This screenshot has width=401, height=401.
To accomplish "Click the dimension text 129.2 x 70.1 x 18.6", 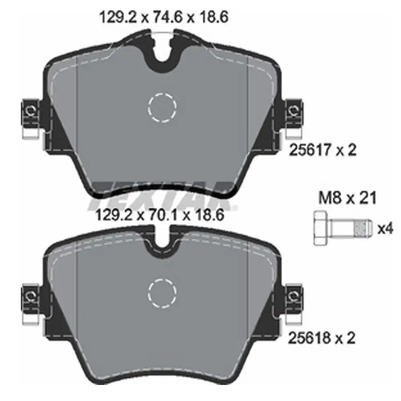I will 160,216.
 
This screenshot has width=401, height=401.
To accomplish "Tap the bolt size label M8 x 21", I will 347,198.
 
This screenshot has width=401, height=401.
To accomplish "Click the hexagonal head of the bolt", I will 322,228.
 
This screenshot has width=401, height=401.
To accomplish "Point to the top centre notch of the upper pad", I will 162,54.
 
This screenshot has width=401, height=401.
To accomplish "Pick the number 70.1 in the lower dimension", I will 160,216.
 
